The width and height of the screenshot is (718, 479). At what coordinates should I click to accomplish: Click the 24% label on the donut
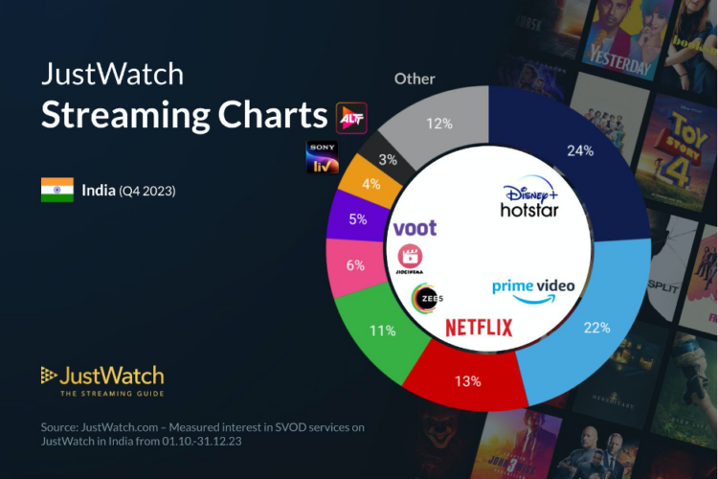click(580, 150)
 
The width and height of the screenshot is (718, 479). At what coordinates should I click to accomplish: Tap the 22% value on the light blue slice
click(595, 327)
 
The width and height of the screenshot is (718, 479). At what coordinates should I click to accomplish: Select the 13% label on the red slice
click(467, 380)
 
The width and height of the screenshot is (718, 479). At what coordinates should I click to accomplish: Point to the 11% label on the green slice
click(383, 331)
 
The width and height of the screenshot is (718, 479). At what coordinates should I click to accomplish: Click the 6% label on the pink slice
click(354, 265)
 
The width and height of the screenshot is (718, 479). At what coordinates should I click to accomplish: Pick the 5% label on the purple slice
click(358, 218)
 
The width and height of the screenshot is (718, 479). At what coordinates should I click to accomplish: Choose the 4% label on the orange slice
click(371, 182)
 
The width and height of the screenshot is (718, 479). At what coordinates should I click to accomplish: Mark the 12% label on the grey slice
click(439, 124)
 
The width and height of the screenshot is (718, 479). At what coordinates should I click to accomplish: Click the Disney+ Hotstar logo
click(530, 199)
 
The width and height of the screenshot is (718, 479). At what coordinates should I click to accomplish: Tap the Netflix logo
click(479, 328)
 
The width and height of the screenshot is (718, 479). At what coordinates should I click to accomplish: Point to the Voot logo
click(415, 228)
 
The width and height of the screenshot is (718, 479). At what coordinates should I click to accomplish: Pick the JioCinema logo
click(411, 259)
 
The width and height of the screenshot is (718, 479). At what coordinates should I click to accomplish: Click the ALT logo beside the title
click(351, 117)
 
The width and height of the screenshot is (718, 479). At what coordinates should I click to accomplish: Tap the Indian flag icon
click(56, 190)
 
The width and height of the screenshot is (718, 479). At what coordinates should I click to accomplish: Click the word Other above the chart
click(414, 79)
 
